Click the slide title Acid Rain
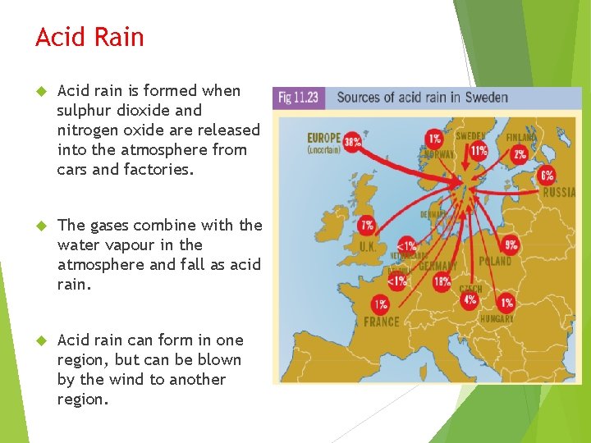89,38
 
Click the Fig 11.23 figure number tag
299,98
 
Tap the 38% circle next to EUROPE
353,141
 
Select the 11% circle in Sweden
479,150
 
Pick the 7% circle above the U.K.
367,225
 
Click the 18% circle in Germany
442,282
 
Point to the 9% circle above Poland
511,244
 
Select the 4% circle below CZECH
470,299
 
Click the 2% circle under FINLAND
520,153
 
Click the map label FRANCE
382,322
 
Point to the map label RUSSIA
559,193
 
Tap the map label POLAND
495,261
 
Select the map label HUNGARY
497,318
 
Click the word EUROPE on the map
325,138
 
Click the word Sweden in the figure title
487,98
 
